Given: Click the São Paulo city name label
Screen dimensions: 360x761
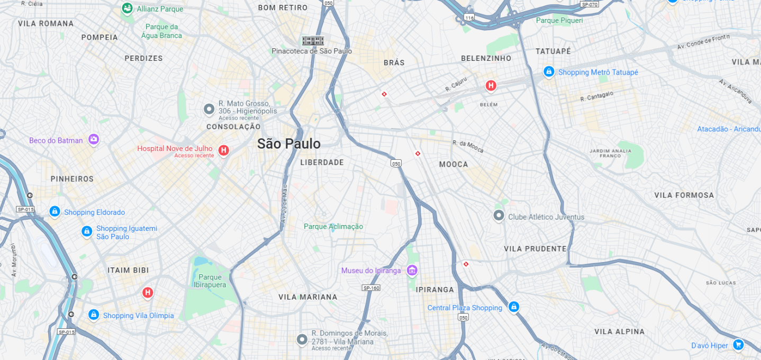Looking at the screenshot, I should point(288,143).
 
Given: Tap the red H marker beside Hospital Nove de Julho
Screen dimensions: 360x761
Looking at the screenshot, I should point(223,151).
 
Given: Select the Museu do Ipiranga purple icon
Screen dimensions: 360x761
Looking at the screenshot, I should point(412,271).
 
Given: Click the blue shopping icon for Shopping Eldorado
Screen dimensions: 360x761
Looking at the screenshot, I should point(55,212).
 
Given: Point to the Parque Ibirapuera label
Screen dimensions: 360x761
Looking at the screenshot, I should point(210,281).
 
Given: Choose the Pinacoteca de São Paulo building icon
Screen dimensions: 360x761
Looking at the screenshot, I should point(312,41).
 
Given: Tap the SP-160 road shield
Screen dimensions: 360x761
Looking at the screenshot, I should point(371,288).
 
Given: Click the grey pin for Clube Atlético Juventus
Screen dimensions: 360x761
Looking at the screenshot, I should point(499,215).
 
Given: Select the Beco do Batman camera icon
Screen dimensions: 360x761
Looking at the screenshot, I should point(94,140).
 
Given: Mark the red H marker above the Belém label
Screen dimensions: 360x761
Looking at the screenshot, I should point(491,85).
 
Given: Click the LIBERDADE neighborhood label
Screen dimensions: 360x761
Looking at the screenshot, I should point(322,163).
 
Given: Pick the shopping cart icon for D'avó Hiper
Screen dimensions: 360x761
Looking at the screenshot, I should point(738,345).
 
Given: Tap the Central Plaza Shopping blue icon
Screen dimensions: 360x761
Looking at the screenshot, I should point(513,307).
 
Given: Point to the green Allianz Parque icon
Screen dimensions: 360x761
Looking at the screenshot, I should point(127,8).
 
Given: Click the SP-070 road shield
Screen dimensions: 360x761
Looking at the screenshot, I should point(589,4).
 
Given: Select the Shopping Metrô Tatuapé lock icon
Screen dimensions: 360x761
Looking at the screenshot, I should point(549,71).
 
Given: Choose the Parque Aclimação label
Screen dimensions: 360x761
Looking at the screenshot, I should point(333,227).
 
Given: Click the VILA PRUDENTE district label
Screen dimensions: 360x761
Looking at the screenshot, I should point(535,249).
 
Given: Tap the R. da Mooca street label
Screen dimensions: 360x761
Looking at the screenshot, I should point(468,147).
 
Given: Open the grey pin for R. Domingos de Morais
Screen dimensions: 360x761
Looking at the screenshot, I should point(302,339).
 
